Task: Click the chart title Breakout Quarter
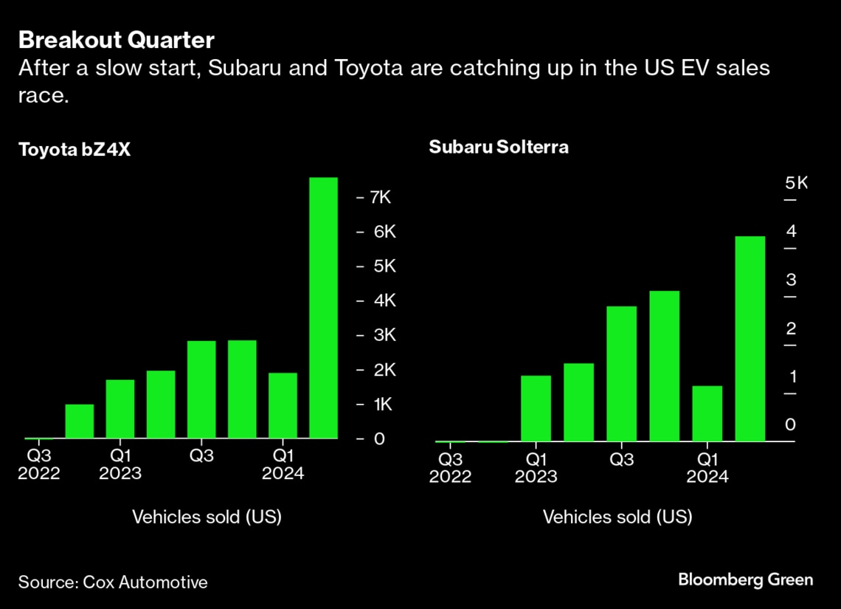[x=117, y=39]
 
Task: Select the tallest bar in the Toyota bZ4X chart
[x=323, y=308]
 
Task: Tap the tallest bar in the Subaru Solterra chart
[x=750, y=339]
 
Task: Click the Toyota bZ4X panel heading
[x=75, y=150]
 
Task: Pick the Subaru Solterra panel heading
[x=499, y=147]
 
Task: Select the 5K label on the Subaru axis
[x=797, y=182]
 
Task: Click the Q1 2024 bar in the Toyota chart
[x=283, y=405]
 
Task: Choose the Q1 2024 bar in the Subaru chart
[x=707, y=413]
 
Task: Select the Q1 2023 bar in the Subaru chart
[x=536, y=408]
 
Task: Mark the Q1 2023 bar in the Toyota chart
[x=120, y=409]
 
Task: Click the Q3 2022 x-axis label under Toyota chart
[x=39, y=464]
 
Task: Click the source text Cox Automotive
[x=113, y=582]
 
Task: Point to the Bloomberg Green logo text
[x=745, y=579]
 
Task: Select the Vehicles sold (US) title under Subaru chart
[x=617, y=517]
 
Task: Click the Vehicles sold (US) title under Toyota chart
[x=207, y=517]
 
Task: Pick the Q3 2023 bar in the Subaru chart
[x=621, y=374]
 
